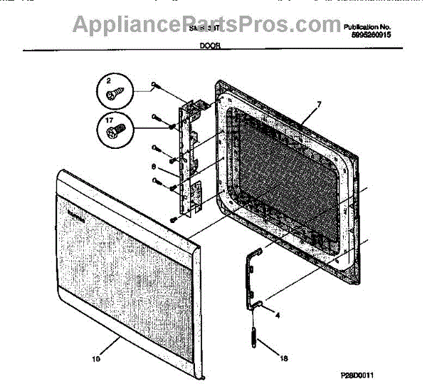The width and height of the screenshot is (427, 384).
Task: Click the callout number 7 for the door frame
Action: click(318, 105)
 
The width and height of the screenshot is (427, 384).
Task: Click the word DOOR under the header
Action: click(210, 45)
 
